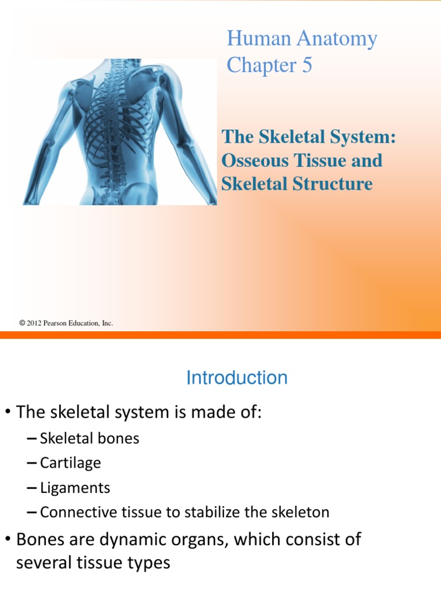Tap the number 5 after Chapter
coord(307,65)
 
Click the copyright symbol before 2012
coord(22,323)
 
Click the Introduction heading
coord(237,378)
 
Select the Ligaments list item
coord(75,488)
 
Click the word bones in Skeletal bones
coord(120,438)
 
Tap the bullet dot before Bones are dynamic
coord(8,540)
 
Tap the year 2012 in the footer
coord(36,323)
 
